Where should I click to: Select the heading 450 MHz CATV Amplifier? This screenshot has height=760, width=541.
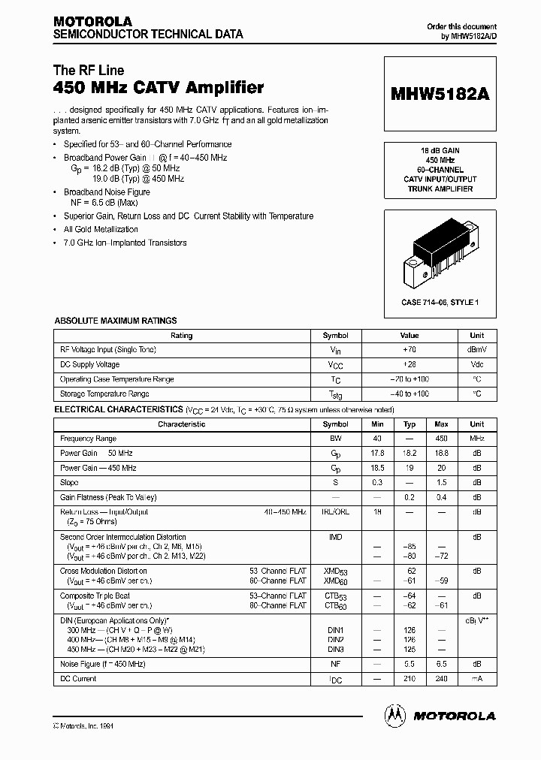(x=159, y=88)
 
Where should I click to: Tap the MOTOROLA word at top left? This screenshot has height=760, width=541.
(x=92, y=21)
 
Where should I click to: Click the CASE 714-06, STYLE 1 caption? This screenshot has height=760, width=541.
(x=440, y=302)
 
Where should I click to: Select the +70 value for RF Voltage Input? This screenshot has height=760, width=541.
(x=409, y=350)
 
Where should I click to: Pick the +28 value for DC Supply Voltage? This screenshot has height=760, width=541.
(x=409, y=364)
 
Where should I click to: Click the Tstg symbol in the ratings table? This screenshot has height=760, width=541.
(x=336, y=394)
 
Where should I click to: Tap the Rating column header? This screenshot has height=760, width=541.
(x=182, y=336)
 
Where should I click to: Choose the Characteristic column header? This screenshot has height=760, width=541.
(x=182, y=424)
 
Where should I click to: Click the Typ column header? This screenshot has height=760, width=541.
(x=410, y=424)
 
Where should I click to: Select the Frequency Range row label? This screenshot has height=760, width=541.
(x=89, y=439)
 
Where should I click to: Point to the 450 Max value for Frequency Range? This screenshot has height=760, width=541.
(x=441, y=439)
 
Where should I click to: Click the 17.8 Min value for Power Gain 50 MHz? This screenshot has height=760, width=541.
(x=377, y=453)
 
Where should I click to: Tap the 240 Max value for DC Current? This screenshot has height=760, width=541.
(x=441, y=679)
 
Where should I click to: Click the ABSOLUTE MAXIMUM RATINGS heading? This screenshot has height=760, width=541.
(x=116, y=321)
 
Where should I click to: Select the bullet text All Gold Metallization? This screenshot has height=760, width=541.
(x=101, y=230)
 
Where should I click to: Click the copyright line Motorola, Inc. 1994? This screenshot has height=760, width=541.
(x=84, y=726)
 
